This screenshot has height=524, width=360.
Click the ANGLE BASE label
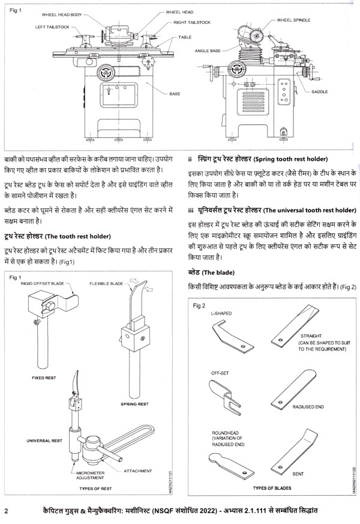coord(208,51)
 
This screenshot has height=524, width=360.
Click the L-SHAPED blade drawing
coord(230,336)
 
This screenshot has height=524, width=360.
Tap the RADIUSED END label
coord(308,407)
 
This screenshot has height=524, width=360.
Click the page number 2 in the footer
coord(5,511)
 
